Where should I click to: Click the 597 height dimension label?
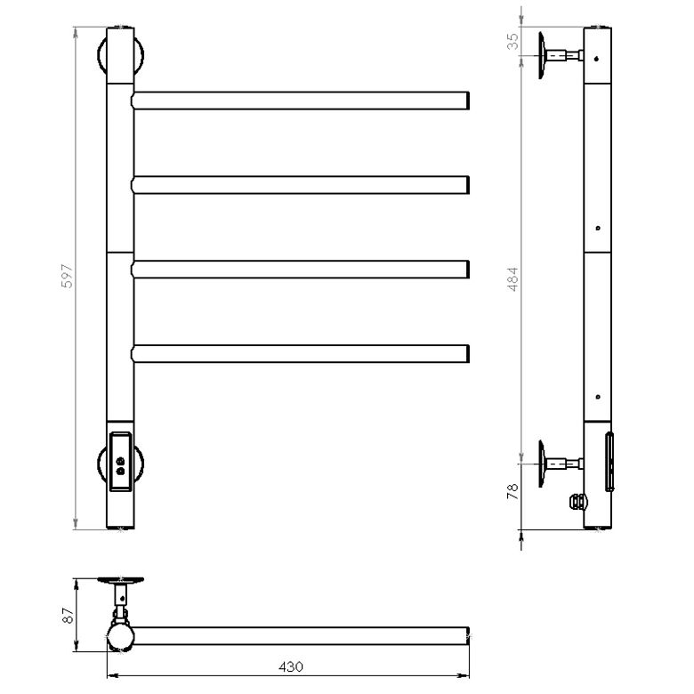[68, 276]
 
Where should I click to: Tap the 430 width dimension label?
[291, 666]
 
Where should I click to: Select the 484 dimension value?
[512, 278]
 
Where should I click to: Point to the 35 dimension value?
[512, 42]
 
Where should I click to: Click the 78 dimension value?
[512, 492]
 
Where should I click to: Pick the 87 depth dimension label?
[68, 615]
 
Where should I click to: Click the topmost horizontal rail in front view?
[300, 101]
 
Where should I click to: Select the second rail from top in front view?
[300, 185]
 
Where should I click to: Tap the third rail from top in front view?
[300, 270]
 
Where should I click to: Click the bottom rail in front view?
[300, 354]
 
